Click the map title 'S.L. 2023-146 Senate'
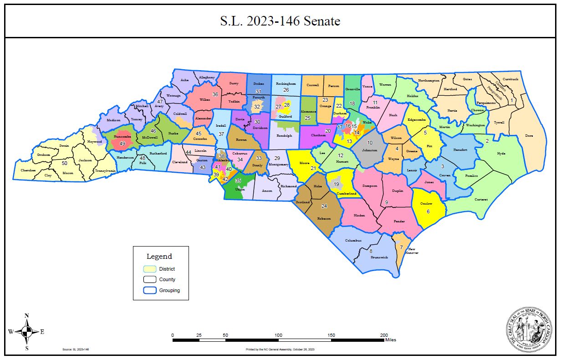pyautogui.click(x=280, y=21)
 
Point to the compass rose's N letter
pyautogui.click(x=27, y=316)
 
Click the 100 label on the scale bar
pyautogui.click(x=278, y=335)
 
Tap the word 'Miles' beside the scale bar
pyautogui.click(x=390, y=340)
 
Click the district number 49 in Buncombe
pyautogui.click(x=122, y=144)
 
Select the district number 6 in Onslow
pyautogui.click(x=428, y=211)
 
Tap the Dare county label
pyautogui.click(x=529, y=135)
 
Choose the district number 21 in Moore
pyautogui.click(x=313, y=168)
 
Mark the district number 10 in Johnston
pyautogui.click(x=370, y=143)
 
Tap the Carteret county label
pyautogui.click(x=481, y=199)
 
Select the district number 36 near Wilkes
pyautogui.click(x=215, y=94)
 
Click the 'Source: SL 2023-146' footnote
pyautogui.click(x=75, y=350)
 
